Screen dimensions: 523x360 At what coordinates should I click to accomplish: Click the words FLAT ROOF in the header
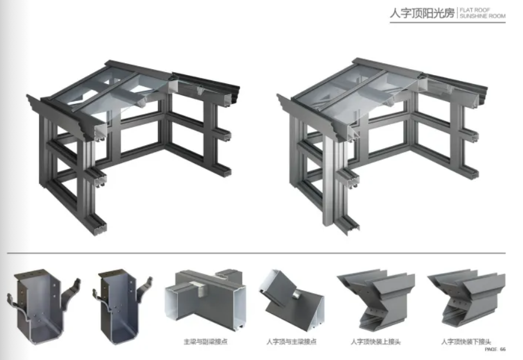coord(475,10)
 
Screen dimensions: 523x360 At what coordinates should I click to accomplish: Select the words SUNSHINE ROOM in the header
coord(482,16)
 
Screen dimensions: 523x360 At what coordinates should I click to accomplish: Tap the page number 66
coord(503,349)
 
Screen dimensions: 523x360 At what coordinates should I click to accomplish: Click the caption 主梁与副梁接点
coord(206,342)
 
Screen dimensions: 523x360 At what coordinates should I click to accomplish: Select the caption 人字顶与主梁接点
coord(291,342)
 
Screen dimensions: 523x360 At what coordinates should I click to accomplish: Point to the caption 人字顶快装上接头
coord(375,342)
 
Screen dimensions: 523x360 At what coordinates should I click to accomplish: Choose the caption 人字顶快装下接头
coord(466,342)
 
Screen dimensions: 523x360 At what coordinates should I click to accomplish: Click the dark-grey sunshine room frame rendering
coord(134,147)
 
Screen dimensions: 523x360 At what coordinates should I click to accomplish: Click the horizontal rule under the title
coord(447,22)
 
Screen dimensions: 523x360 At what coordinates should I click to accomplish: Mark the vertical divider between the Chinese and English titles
coord(457,13)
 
